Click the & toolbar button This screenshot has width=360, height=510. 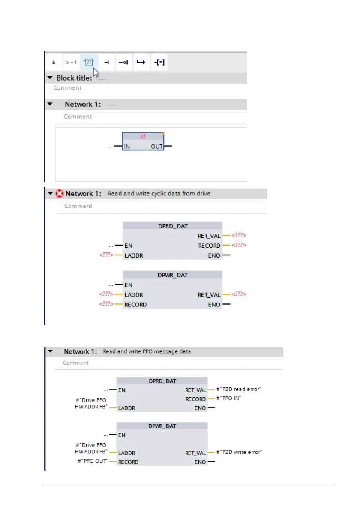(x=54, y=62)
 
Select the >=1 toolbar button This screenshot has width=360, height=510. (x=71, y=62)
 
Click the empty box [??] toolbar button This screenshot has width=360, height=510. (x=89, y=62)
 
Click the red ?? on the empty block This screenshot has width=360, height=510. (x=143, y=136)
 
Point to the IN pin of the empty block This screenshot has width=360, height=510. (x=127, y=147)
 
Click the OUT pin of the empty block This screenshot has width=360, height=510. (x=156, y=147)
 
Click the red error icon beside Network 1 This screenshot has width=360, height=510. (x=60, y=194)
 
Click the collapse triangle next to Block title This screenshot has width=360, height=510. (x=50, y=78)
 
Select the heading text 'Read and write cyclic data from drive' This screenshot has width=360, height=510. (x=159, y=194)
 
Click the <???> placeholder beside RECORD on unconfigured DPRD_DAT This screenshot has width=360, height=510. (x=239, y=246)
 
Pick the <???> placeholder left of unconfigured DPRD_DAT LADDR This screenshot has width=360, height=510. (x=106, y=255)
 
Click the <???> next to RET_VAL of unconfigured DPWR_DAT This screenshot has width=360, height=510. (x=239, y=295)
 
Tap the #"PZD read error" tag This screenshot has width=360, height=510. (x=239, y=390)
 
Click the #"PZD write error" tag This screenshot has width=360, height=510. (x=239, y=452)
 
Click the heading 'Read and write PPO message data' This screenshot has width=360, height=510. (x=147, y=351)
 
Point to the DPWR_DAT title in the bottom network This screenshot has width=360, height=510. (x=162, y=426)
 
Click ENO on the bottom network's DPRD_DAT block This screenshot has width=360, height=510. (x=200, y=408)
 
